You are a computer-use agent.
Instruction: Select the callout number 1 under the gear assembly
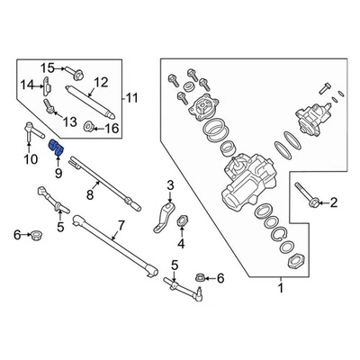280,289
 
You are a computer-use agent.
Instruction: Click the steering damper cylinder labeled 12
90,98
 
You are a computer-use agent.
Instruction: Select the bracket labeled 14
46,85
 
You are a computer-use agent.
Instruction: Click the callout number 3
167,186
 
